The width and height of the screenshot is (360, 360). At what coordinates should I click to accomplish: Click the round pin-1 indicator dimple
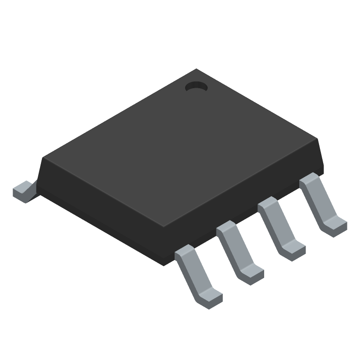click(x=196, y=87)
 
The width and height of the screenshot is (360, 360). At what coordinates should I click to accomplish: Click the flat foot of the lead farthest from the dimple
click(x=209, y=298)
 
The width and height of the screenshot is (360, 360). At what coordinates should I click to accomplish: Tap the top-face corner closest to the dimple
click(x=196, y=69)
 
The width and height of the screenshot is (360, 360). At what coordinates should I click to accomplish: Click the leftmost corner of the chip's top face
click(x=43, y=158)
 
